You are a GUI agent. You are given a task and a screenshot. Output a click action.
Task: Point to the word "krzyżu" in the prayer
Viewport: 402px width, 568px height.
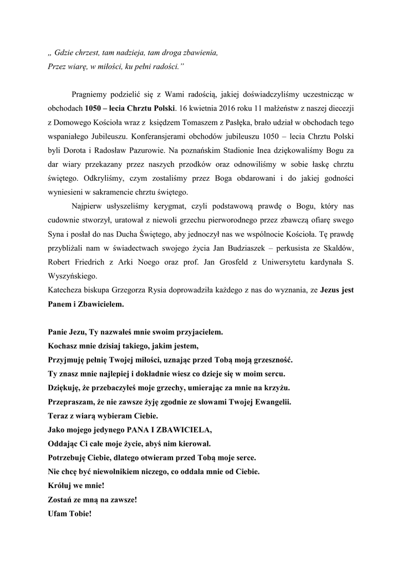(x=278, y=386)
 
